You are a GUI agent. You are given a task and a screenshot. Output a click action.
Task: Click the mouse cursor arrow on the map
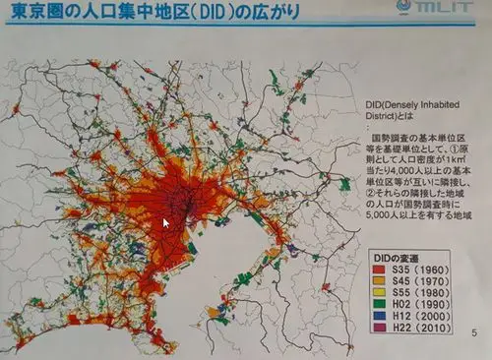click(165, 223)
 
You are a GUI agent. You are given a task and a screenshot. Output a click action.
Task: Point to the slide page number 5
click(475, 331)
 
